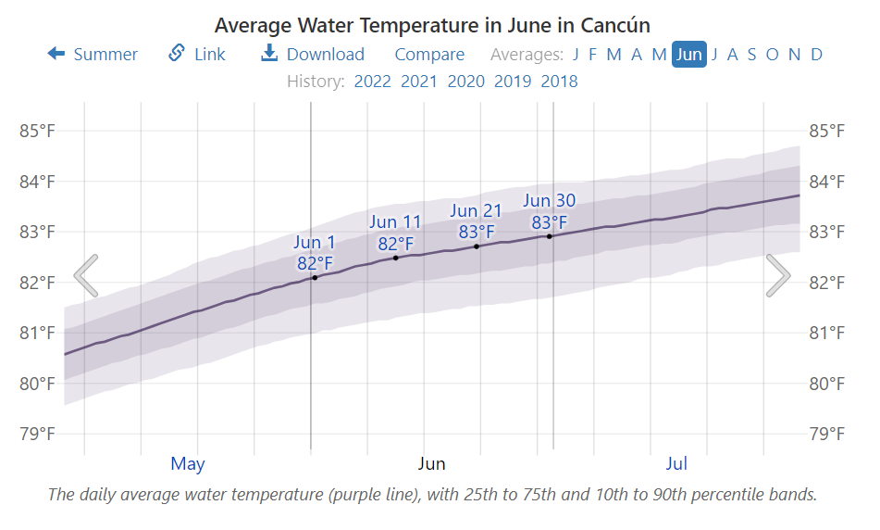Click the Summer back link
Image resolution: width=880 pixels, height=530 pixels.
tap(93, 55)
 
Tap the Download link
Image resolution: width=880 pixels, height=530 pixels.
tap(313, 55)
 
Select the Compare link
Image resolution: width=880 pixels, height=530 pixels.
tap(429, 55)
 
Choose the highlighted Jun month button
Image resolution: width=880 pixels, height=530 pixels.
tap(689, 55)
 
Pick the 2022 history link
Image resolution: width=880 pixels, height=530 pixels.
tap(373, 82)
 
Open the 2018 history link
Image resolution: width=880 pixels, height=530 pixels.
tap(559, 82)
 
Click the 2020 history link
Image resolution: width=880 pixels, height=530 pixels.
tap(465, 82)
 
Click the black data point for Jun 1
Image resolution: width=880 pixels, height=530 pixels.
tap(315, 277)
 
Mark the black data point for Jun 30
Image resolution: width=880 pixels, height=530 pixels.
tap(550, 236)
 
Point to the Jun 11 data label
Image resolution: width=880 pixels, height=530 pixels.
tap(395, 233)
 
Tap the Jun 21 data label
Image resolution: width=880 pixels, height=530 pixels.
tap(476, 221)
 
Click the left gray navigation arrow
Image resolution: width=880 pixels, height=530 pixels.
tap(86, 275)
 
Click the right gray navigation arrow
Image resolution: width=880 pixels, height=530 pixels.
tap(778, 275)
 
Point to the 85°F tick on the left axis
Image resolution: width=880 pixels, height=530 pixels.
tap(37, 131)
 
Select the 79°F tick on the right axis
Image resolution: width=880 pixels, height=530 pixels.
tap(826, 434)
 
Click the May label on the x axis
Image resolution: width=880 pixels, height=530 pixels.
tap(188, 463)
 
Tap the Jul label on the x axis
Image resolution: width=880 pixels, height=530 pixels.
tap(676, 463)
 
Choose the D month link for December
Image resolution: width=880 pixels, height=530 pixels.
tap(816, 55)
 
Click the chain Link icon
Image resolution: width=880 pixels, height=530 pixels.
tap(176, 54)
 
